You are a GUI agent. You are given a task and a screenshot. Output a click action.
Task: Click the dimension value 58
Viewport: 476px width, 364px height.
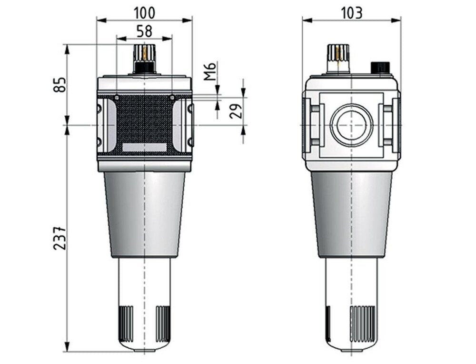[145, 31]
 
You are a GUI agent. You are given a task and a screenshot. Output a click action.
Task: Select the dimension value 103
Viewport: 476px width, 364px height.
[352, 12]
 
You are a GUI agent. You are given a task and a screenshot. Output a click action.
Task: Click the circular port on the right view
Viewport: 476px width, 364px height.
[352, 125]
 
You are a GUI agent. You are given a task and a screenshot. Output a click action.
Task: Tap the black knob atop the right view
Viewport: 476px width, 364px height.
[380, 67]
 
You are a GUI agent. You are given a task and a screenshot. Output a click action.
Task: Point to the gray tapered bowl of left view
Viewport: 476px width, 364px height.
[144, 214]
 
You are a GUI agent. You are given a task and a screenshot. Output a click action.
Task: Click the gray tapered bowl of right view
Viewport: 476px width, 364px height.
[352, 214]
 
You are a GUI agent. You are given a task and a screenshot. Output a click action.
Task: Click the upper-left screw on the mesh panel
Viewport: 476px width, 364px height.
[117, 98]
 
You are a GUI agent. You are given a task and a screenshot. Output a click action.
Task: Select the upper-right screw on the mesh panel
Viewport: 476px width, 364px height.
[172, 98]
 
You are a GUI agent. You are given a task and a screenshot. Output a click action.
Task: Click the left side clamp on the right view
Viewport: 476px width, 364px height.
[313, 125]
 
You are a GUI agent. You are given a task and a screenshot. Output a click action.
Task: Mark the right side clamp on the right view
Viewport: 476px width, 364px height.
[390, 125]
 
